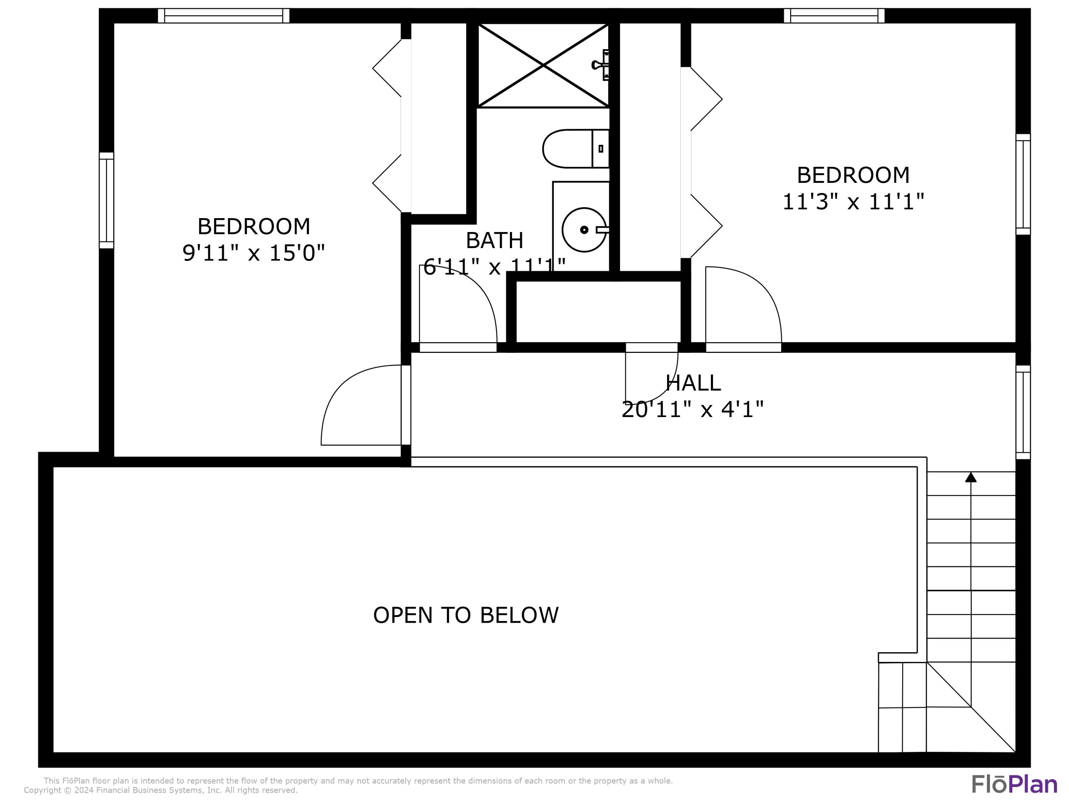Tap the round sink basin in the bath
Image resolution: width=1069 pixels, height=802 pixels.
[x=584, y=230]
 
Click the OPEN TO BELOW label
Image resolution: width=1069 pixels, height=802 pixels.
[x=465, y=615]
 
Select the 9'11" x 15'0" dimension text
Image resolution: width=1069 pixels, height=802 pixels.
[x=253, y=253]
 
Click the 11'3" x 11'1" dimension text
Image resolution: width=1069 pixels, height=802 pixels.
[x=853, y=202]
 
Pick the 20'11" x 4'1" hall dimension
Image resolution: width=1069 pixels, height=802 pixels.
[x=692, y=410]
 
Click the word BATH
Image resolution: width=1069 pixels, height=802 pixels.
[x=494, y=240]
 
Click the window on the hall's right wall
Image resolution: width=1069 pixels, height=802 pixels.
[x=1023, y=412]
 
